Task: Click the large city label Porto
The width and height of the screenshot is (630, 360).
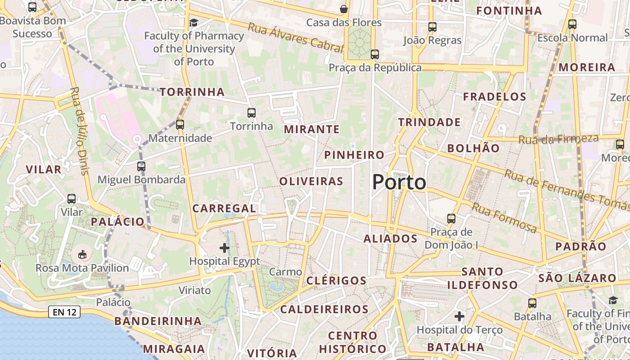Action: (x=399, y=182)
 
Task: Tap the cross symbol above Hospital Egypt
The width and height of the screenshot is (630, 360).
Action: (x=225, y=247)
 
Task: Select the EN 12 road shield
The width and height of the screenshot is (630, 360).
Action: (x=64, y=312)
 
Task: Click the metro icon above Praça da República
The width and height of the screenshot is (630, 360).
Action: (x=374, y=54)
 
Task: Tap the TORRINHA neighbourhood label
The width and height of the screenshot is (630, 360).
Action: (x=192, y=92)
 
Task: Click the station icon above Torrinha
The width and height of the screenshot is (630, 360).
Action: (x=252, y=112)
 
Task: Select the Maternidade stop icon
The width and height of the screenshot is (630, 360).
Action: (x=180, y=124)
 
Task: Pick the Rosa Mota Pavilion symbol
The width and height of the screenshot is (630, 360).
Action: (x=82, y=255)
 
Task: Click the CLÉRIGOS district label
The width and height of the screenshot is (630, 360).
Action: (x=337, y=281)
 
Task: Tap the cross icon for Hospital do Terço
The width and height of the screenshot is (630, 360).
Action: (x=459, y=316)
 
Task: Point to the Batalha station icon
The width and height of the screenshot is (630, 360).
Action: (x=532, y=303)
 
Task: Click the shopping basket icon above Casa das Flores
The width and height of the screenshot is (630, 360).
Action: (x=344, y=9)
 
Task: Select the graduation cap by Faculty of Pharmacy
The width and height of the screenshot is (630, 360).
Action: (x=193, y=22)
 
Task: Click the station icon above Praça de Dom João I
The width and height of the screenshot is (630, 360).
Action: (x=451, y=219)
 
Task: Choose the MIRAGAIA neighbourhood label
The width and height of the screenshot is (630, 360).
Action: (x=174, y=349)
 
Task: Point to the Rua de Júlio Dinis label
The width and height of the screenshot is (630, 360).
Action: (x=79, y=130)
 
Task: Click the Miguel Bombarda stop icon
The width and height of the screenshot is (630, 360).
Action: (x=141, y=166)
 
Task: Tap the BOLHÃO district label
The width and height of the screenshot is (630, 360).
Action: (x=473, y=148)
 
